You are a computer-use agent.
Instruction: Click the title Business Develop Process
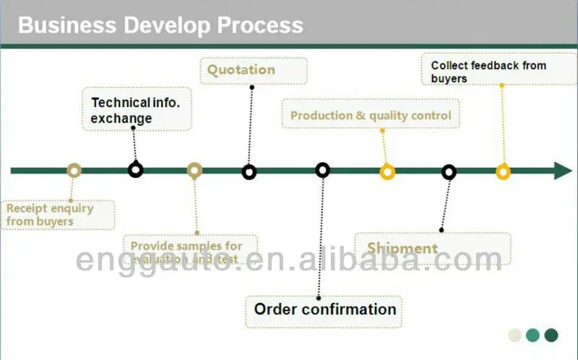click(160, 25)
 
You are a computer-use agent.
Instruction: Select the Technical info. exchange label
click(137, 111)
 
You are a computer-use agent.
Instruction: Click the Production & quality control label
click(371, 115)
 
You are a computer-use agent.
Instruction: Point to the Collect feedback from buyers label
click(488, 72)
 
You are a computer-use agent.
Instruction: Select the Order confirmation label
click(324, 309)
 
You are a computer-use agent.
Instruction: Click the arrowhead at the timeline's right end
click(563, 171)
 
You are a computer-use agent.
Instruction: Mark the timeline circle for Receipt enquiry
click(74, 171)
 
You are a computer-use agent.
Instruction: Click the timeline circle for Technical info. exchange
click(135, 170)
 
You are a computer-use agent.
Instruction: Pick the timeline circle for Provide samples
click(194, 171)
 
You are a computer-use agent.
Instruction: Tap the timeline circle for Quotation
click(249, 172)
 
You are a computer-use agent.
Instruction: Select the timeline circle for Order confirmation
click(323, 170)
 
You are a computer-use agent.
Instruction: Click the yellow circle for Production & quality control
click(387, 172)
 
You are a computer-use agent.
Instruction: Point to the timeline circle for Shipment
click(449, 172)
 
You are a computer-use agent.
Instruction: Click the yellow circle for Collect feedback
click(503, 172)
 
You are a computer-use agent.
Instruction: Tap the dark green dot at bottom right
click(551, 335)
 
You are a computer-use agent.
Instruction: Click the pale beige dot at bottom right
click(515, 335)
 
